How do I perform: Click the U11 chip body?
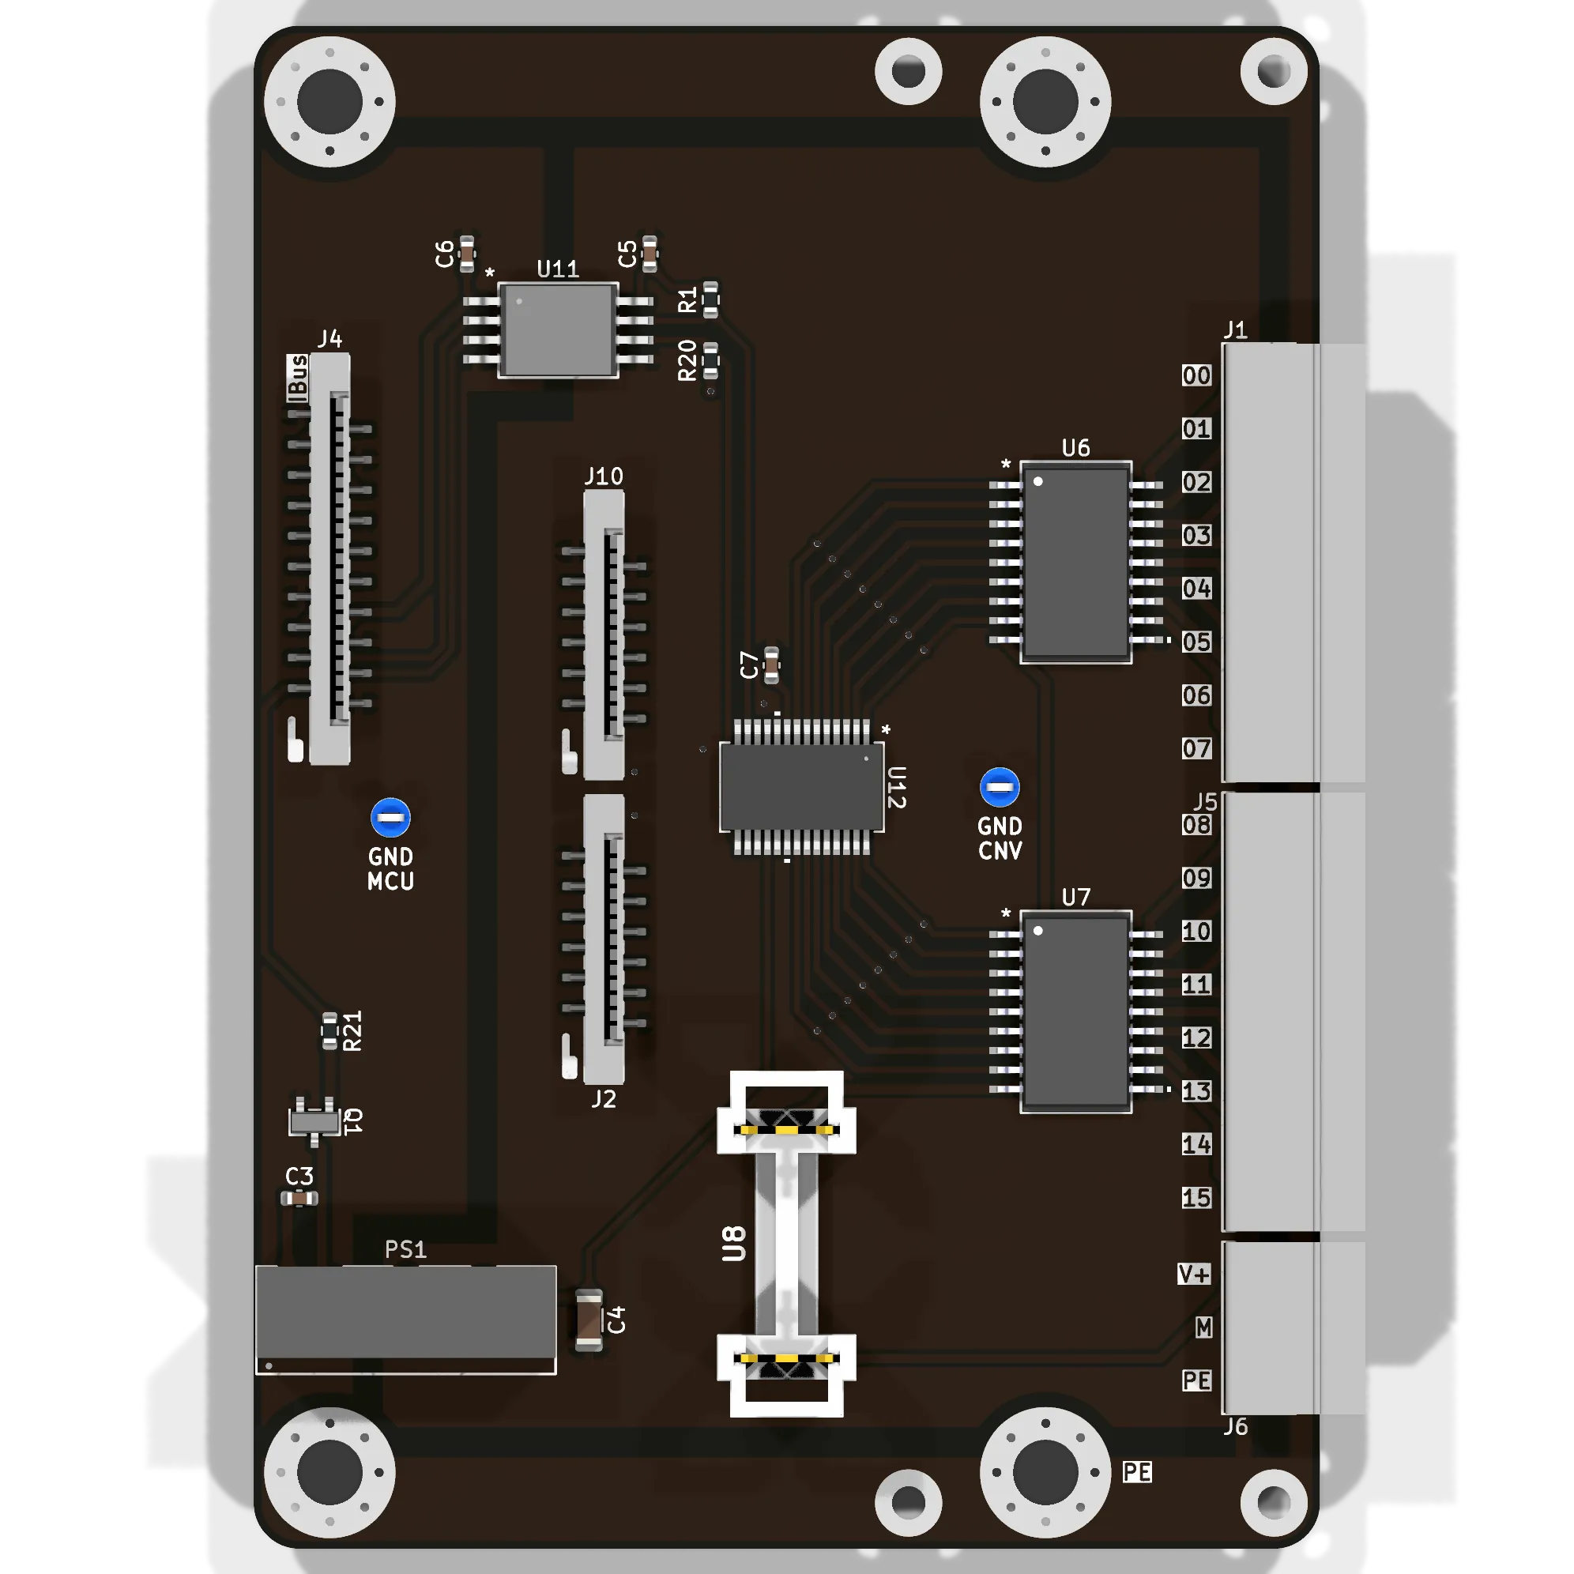click(x=558, y=330)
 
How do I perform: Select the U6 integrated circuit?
click(x=1075, y=562)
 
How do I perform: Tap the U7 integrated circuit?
click(x=1075, y=1011)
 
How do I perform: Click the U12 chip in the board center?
click(x=802, y=787)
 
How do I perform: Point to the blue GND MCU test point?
click(x=390, y=818)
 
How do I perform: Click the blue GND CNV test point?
click(x=1000, y=788)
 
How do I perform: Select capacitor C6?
click(x=467, y=254)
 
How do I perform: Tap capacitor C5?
click(x=650, y=254)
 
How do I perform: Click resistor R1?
click(x=710, y=299)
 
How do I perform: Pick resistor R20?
click(x=710, y=360)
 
